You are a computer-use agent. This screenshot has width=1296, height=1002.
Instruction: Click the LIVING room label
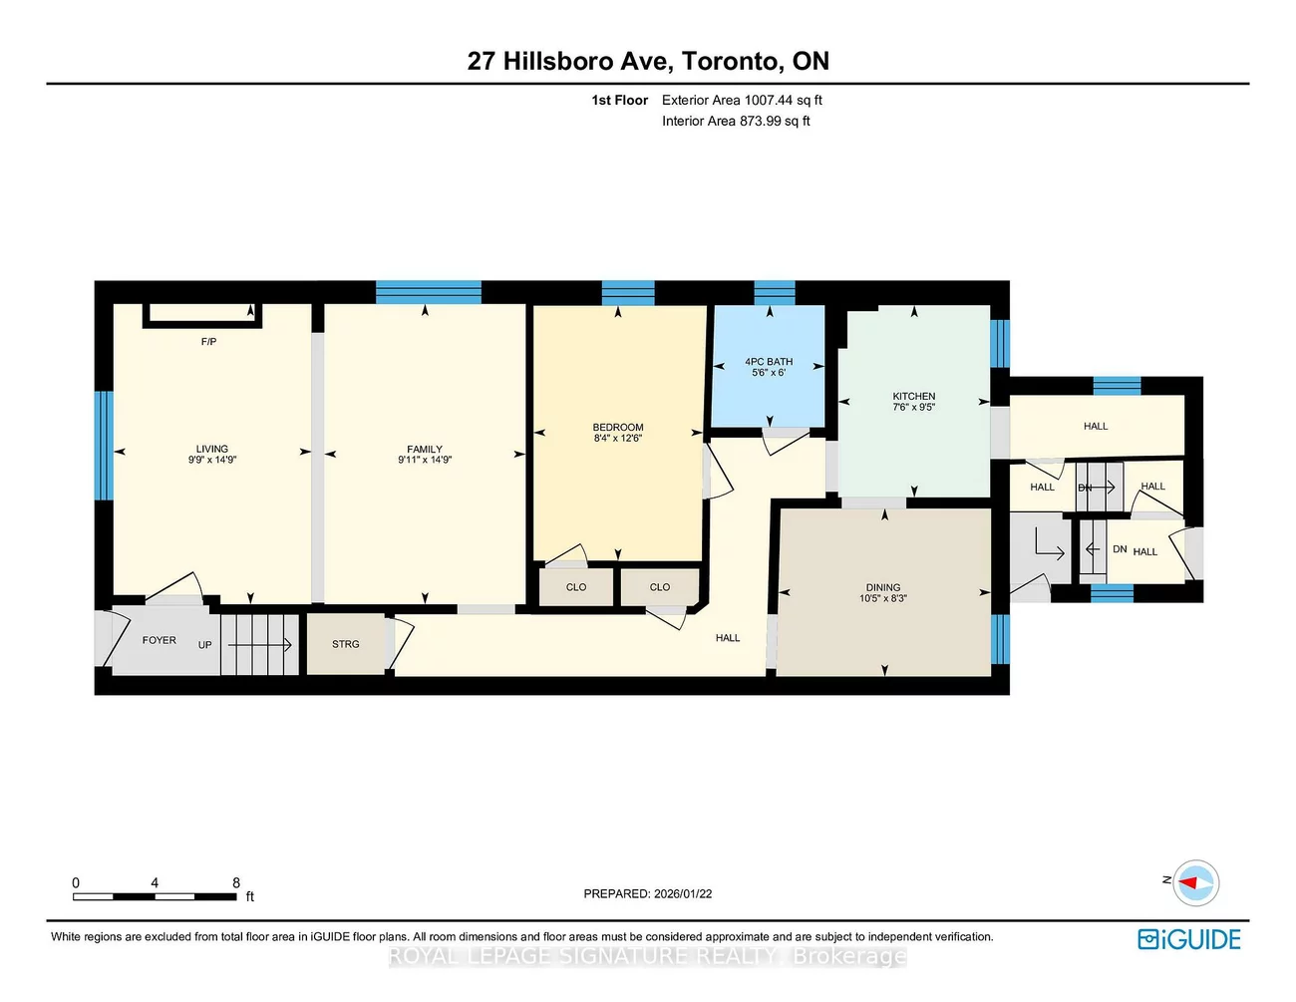[211, 449]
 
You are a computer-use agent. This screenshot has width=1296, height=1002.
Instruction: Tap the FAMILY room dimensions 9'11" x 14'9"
[425, 461]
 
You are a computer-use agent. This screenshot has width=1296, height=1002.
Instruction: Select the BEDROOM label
[618, 427]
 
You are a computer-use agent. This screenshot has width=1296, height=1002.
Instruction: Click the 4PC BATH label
[769, 362]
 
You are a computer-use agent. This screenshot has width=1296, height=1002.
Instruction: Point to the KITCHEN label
[914, 396]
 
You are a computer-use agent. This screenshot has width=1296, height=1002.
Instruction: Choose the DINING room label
[883, 587]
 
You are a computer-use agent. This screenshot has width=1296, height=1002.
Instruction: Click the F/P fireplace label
[208, 342]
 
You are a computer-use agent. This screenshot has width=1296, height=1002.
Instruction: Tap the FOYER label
[160, 640]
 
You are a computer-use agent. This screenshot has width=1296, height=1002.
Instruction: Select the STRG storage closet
[346, 644]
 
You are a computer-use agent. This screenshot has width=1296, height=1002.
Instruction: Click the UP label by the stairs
[205, 645]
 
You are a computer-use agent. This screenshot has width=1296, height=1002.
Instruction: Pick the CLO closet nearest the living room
[576, 587]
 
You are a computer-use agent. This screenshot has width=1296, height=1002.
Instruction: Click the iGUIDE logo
[1189, 939]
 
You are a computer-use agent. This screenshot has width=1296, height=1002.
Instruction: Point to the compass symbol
[1195, 883]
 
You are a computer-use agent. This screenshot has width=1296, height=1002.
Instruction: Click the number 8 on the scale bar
[236, 883]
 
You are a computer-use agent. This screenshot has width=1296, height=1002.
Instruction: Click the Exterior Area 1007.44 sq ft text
[742, 100]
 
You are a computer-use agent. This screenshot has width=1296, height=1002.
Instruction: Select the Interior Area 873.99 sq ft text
[736, 121]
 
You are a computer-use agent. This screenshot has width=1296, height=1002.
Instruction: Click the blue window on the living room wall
[103, 445]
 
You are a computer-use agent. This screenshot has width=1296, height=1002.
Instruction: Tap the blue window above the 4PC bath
[775, 292]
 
